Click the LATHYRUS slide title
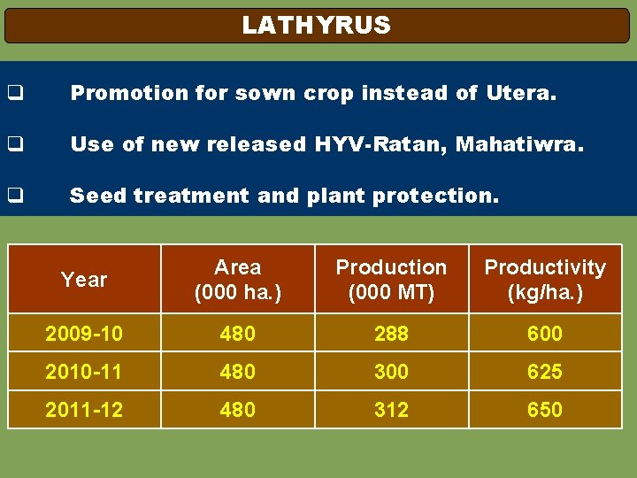click(316, 26)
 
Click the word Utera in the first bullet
click(521, 93)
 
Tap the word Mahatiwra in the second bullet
click(519, 144)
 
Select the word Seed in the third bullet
click(99, 196)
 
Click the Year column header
click(84, 280)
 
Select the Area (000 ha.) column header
click(238, 280)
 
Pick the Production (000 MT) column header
click(391, 280)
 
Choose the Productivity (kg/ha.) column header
click(545, 280)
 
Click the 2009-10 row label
click(84, 334)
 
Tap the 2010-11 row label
click(84, 372)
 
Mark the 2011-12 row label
click(84, 410)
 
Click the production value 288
click(391, 334)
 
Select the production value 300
click(391, 372)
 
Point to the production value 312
click(391, 410)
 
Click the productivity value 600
click(545, 334)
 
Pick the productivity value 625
click(545, 372)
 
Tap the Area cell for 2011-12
click(238, 410)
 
